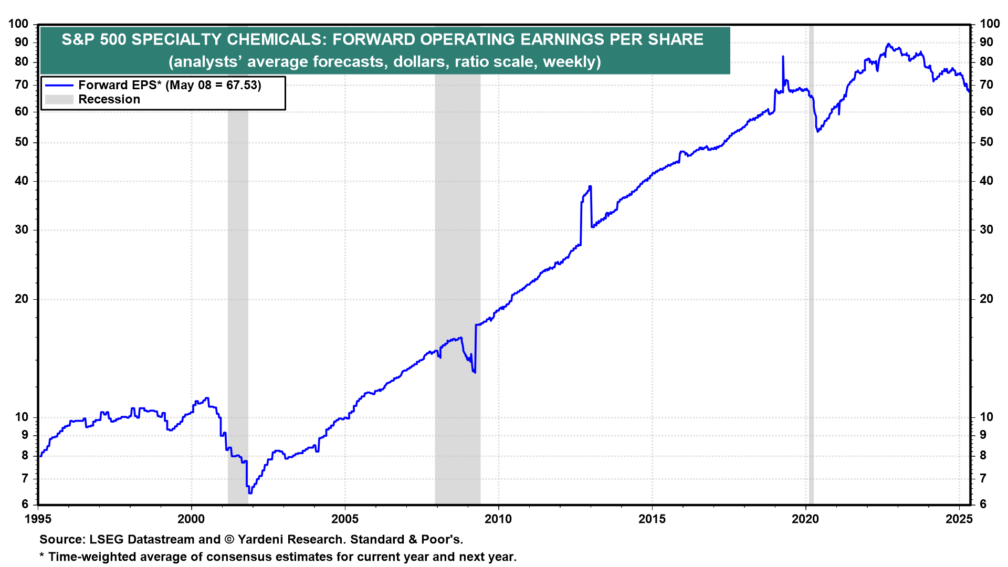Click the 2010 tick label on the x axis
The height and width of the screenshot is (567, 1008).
[498, 519]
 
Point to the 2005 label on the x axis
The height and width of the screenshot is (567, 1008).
[344, 519]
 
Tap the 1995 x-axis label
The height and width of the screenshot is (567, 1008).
[38, 519]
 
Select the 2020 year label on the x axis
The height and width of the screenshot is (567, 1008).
[805, 519]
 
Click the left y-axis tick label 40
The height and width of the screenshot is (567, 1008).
[21, 181]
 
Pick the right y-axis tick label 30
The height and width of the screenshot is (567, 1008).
[986, 230]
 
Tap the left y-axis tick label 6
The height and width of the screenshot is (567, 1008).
[24, 505]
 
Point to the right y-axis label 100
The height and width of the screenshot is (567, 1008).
[990, 24]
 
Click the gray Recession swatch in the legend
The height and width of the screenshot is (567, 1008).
[59, 100]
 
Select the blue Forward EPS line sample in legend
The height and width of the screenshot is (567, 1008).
[59, 85]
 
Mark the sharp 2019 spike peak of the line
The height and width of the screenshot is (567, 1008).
[783, 57]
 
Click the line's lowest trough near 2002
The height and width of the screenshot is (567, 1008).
[250, 492]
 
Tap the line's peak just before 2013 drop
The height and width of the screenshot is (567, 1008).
[590, 186]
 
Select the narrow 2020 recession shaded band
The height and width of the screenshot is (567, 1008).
[811, 262]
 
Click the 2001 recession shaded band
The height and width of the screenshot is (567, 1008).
[238, 262]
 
